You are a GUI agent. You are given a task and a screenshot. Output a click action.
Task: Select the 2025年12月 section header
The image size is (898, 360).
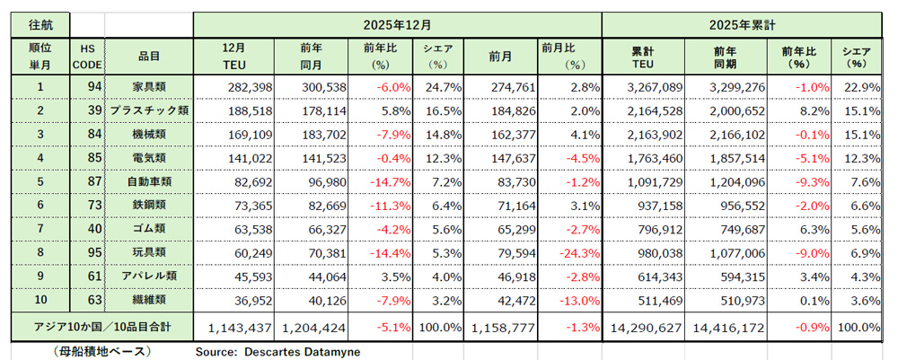(397, 25)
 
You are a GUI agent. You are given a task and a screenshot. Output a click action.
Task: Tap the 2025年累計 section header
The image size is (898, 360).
(742, 25)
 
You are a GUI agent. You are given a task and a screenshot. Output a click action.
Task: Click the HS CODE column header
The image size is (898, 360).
(87, 55)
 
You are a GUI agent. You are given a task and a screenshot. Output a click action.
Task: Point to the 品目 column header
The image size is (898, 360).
(148, 55)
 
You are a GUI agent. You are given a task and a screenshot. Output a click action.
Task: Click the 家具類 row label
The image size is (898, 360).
(148, 86)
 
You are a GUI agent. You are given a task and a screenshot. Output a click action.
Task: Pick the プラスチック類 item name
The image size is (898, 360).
(148, 110)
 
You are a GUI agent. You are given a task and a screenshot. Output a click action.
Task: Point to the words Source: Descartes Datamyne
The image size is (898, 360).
(277, 351)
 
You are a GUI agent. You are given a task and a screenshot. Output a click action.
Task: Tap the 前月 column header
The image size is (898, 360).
(501, 55)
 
